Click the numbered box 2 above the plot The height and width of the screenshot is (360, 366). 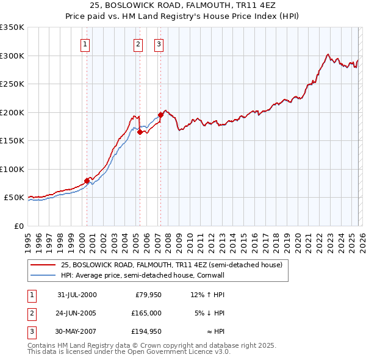coord(138,43)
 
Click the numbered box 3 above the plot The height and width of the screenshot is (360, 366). coord(159,43)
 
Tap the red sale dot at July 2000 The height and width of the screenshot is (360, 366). coord(87,181)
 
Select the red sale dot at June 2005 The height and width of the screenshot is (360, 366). coord(140,132)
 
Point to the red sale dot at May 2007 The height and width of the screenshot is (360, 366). coord(160,115)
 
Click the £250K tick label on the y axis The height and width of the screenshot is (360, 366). coord(12,84)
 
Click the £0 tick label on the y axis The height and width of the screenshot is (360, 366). coord(18,226)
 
